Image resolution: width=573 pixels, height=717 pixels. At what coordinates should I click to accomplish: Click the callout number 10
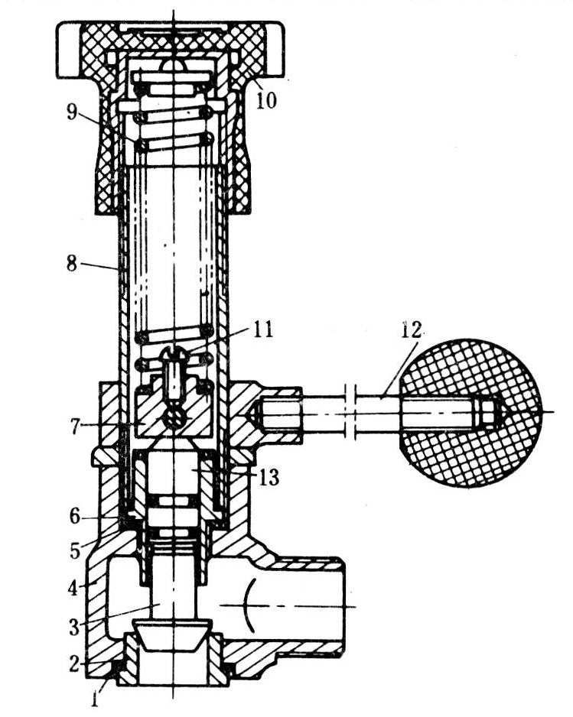point(266,99)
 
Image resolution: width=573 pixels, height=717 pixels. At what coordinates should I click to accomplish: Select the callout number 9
point(73,112)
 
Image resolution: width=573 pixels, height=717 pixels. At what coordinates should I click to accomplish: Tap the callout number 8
point(72,264)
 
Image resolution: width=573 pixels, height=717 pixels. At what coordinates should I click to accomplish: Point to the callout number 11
point(262,329)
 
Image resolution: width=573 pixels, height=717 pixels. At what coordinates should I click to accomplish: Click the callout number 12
point(412,329)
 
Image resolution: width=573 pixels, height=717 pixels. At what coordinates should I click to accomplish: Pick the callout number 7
point(75,427)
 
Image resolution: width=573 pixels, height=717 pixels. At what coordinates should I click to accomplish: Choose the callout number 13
point(269,478)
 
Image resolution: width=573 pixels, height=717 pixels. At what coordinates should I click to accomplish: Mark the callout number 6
point(75,517)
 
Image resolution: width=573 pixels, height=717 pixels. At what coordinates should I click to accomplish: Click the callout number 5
point(75,551)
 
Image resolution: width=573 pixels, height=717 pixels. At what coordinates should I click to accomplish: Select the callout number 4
point(73,587)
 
